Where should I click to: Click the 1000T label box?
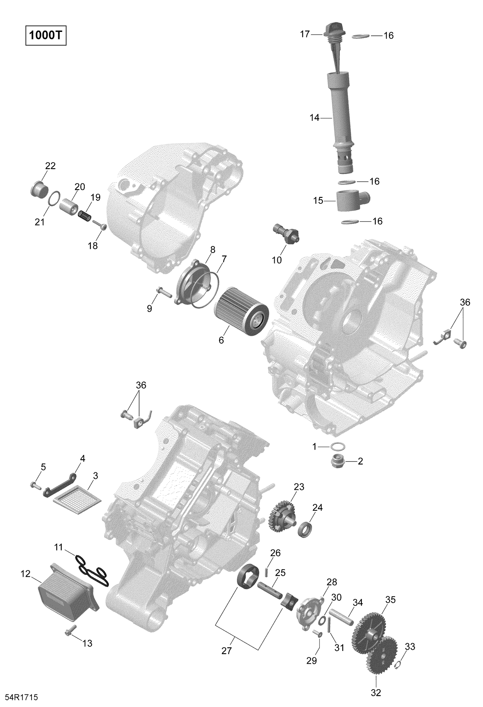click(46, 36)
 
